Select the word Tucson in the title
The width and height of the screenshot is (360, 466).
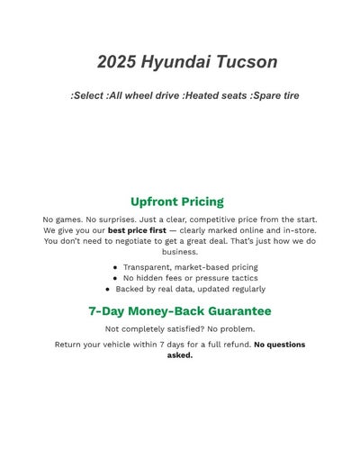248,62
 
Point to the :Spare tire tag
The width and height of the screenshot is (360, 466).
274,95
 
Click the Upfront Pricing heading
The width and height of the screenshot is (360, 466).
177,202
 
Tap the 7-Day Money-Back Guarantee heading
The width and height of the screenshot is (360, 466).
180,311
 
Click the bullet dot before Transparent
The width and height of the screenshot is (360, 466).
115,267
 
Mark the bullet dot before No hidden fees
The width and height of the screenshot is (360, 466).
115,278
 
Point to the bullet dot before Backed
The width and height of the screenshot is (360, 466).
107,290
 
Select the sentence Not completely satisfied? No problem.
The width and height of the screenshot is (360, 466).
180,329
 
